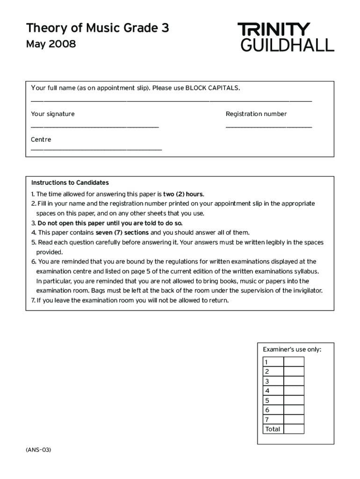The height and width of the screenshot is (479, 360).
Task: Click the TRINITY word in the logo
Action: coord(274,29)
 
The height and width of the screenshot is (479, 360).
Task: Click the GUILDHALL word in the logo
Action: coord(287,45)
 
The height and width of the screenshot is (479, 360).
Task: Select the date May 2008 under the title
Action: coord(51,45)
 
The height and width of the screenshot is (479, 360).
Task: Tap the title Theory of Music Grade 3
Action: coord(98,28)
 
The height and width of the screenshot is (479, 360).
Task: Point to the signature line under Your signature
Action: coord(95,127)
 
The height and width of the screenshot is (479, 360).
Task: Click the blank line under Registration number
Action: coord(268,127)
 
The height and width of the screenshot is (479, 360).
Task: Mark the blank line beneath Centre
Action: coord(96,150)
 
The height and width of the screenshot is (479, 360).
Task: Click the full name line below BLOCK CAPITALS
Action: coord(171,101)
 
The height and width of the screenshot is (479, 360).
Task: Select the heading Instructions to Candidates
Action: coord(70,182)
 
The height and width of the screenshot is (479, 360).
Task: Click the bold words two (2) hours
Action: coord(183,194)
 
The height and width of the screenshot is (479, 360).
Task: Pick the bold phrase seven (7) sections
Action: coord(122,232)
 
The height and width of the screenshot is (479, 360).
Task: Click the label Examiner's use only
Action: coord(292,349)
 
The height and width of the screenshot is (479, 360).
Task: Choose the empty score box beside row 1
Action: coord(294,362)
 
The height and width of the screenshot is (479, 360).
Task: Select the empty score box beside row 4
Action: coord(294,391)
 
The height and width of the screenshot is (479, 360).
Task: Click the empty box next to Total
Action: coord(294,429)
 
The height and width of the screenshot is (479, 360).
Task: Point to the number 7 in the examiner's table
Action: coord(267,420)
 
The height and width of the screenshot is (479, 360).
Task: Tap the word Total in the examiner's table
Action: coord(273,429)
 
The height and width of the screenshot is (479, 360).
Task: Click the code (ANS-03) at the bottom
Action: coord(39,450)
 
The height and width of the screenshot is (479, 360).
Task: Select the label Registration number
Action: coord(256,114)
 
